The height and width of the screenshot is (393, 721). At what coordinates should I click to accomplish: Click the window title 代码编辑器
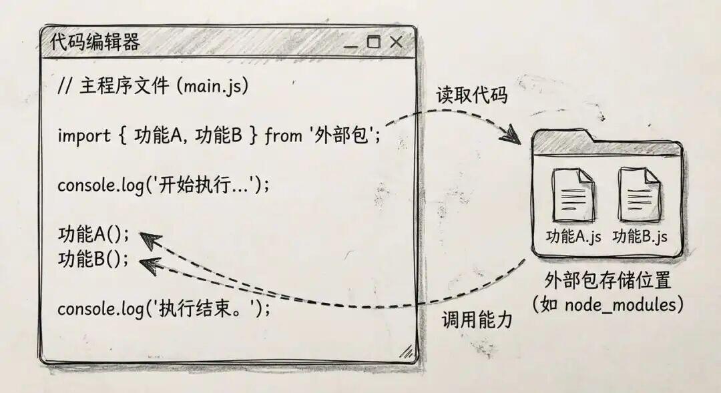[x=95, y=42]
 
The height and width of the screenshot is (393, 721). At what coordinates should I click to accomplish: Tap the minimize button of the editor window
[x=350, y=47]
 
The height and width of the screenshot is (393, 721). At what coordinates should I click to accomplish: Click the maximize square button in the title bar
[x=373, y=42]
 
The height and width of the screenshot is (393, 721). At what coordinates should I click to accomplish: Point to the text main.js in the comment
[x=212, y=86]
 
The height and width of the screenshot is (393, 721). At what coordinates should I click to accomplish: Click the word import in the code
[x=84, y=136]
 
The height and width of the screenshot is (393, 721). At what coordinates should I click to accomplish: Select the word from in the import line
[x=284, y=135]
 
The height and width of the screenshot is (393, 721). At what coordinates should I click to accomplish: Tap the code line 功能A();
[x=94, y=234]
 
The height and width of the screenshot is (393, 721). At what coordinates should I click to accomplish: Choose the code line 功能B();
[x=93, y=259]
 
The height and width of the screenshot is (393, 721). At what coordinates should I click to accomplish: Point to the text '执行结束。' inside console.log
[x=206, y=308]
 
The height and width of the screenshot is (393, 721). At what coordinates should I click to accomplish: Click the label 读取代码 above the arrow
[x=472, y=95]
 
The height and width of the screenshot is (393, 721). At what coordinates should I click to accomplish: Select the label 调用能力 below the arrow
[x=477, y=319]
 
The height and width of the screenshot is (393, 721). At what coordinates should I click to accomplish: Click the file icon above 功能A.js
[x=573, y=195]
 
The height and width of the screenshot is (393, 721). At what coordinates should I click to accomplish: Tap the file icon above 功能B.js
[x=639, y=194]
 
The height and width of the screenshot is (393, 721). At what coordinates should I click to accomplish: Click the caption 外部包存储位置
[x=608, y=280]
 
